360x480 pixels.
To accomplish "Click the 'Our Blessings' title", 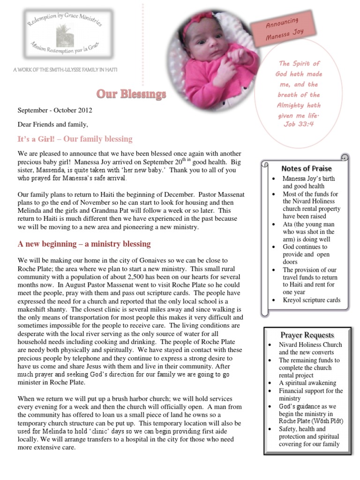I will [x=131, y=95].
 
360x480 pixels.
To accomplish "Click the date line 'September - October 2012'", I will [x=55, y=111].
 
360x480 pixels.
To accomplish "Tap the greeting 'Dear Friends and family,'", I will [x=52, y=125].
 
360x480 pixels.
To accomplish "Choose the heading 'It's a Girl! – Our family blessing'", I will [x=75, y=139].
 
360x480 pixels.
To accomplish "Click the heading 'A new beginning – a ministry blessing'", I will [x=84, y=244].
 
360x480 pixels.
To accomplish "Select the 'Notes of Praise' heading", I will [x=306, y=168].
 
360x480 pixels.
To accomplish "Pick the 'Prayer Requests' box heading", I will [x=307, y=335].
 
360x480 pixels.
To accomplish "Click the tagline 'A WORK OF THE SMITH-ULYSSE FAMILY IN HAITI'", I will [x=65, y=70].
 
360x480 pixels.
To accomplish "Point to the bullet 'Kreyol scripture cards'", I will [x=311, y=300].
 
